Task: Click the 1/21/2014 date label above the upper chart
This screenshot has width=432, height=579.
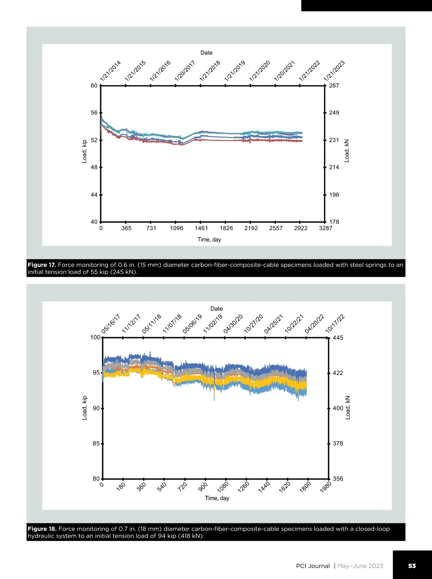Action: point(111,71)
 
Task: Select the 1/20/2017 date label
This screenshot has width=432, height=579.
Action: point(185,71)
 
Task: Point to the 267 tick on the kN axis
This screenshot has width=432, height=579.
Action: point(334,86)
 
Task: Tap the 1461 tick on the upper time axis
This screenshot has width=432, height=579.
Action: point(201,228)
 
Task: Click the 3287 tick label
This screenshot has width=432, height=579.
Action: point(326,228)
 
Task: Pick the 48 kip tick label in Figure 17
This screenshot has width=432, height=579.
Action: point(94,167)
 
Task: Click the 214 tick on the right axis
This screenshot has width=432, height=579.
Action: point(334,167)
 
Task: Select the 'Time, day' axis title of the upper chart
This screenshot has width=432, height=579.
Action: point(209,240)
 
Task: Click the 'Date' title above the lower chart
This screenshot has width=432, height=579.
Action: point(217,309)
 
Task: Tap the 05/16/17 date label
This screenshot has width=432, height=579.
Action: point(111,324)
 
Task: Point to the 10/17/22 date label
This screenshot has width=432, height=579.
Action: point(335,324)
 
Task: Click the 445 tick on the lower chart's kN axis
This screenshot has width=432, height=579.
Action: point(338,338)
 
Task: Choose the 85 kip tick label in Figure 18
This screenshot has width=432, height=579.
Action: point(96,444)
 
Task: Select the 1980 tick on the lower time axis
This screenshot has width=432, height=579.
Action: point(326,487)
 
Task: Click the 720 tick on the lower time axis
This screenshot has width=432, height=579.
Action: point(183,486)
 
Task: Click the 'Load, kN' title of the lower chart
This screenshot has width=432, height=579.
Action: point(348,408)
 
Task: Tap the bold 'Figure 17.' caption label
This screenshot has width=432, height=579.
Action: point(41,265)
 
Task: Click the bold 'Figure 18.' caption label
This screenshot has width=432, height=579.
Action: point(42,529)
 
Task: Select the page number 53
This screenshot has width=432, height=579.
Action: point(412,566)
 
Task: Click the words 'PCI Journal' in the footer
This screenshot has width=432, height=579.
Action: point(313,566)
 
